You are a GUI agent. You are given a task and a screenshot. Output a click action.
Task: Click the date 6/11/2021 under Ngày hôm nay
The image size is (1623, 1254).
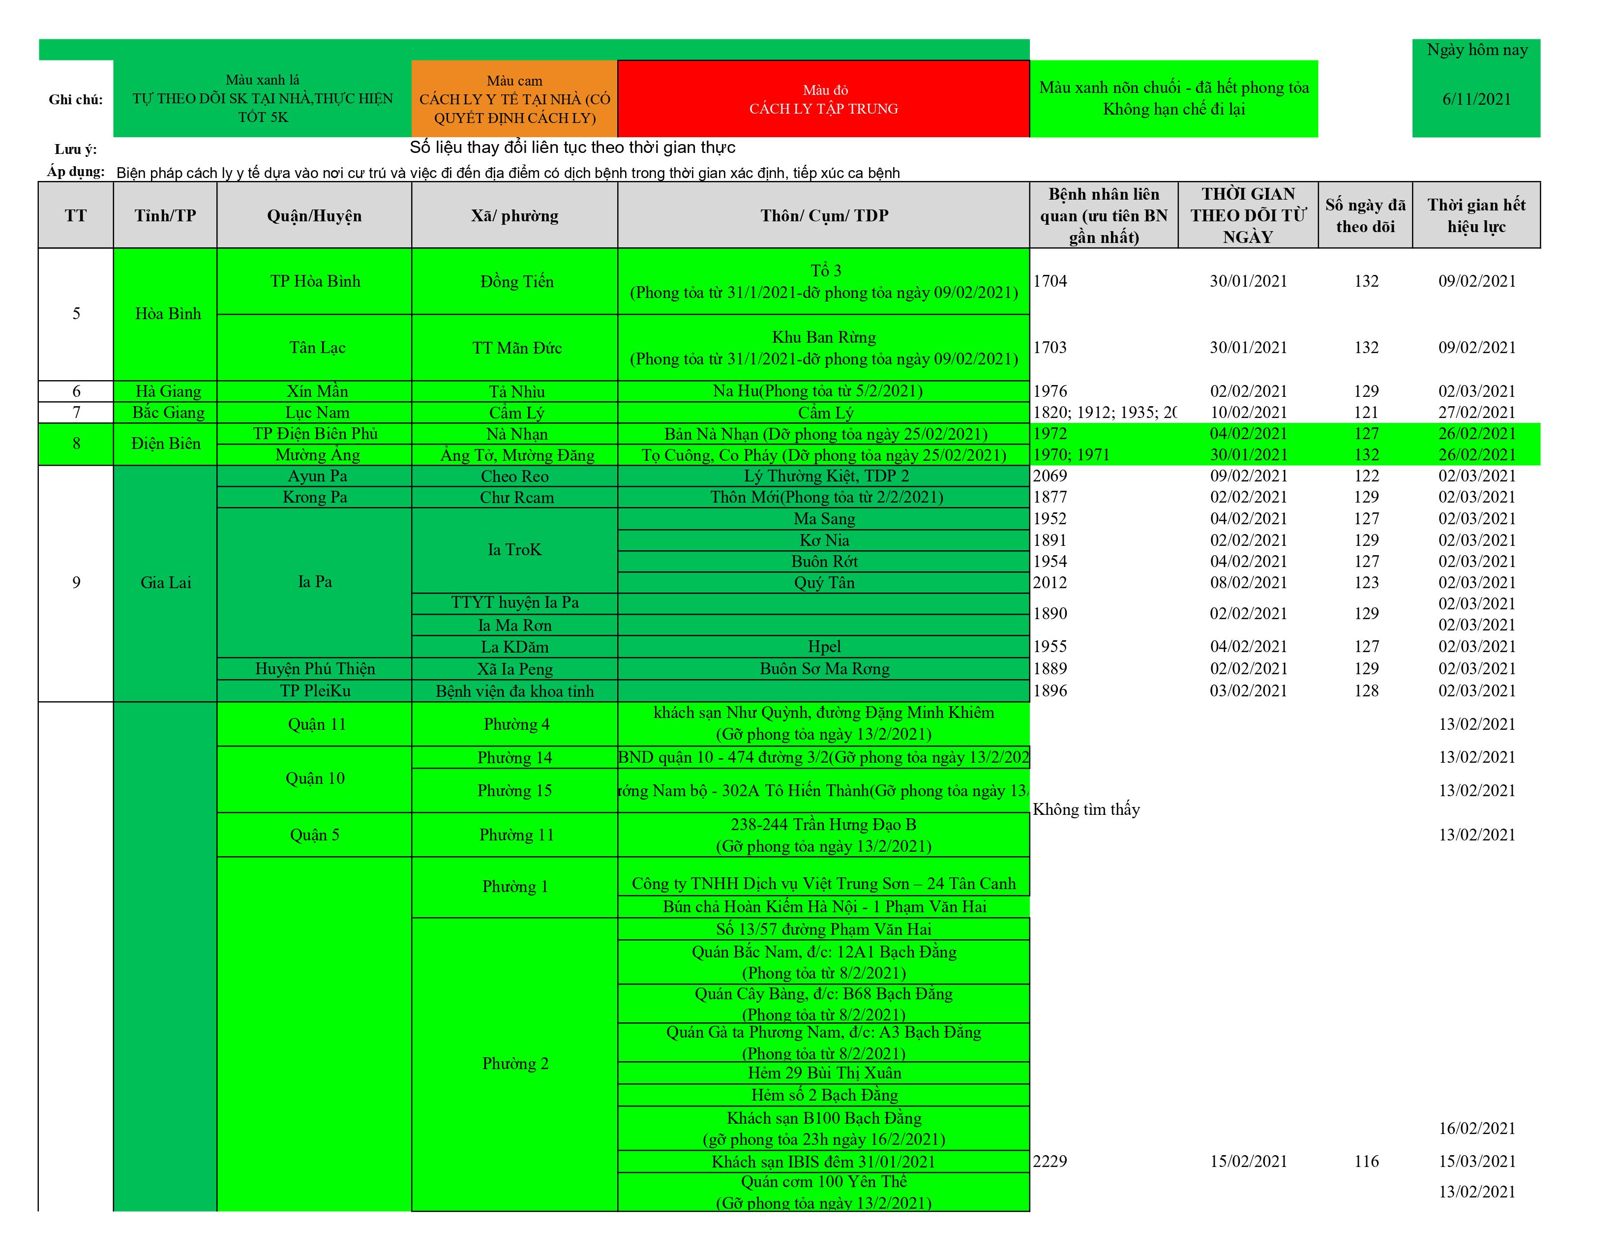[1476, 99]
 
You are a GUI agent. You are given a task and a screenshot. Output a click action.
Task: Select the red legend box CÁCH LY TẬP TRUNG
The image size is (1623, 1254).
[823, 99]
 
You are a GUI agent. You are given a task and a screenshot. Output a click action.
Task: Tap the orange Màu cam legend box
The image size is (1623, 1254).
[514, 99]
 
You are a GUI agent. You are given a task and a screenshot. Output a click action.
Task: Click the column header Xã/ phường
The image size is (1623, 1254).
[514, 215]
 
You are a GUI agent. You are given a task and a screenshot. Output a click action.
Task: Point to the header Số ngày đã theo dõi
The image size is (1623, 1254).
[1365, 215]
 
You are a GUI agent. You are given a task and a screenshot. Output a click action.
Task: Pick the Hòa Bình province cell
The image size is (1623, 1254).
[167, 314]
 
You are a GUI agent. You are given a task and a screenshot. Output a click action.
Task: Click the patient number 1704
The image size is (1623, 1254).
[1050, 281]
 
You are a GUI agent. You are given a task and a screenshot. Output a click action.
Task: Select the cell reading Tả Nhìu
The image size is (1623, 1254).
[516, 391]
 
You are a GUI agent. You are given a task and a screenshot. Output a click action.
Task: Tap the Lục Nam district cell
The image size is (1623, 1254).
[317, 412]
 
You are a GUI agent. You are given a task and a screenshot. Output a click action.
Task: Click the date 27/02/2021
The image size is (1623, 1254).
[1476, 412]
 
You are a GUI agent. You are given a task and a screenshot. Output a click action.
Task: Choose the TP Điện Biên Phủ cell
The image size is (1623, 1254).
[315, 434]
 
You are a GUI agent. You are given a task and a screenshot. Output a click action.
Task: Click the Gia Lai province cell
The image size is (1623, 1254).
[166, 582]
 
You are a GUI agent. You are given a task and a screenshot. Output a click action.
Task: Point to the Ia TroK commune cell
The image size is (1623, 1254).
[514, 550]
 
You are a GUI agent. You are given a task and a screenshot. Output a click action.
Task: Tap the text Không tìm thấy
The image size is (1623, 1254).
[1086, 809]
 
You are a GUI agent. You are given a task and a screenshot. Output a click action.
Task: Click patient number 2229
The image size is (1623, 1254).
[1050, 1161]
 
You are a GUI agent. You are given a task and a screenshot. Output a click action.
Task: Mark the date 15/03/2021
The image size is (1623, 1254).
[1476, 1161]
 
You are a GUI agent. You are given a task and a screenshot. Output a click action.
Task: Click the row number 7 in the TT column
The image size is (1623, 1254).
[76, 412]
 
